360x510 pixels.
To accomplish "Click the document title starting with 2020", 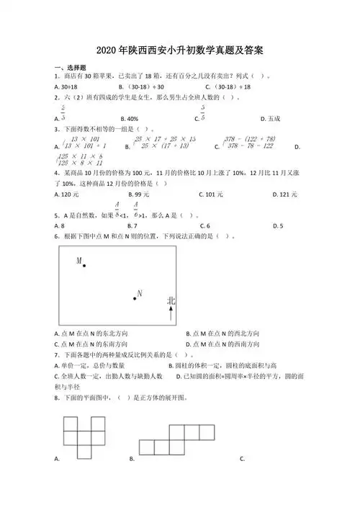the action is click(179, 52).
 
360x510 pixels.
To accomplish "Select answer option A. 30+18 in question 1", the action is click(69, 107).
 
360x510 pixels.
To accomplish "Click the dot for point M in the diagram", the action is click(84, 266).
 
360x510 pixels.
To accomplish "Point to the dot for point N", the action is click(135, 297).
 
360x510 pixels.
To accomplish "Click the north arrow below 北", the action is click(171, 312).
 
